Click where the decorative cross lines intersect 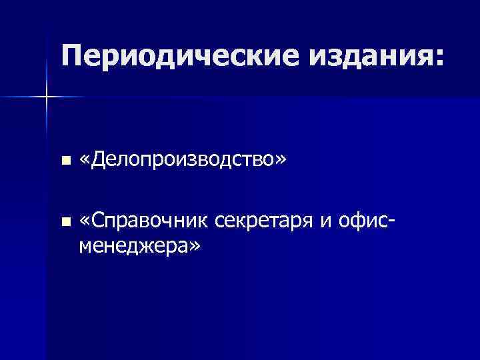tap(47, 97)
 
